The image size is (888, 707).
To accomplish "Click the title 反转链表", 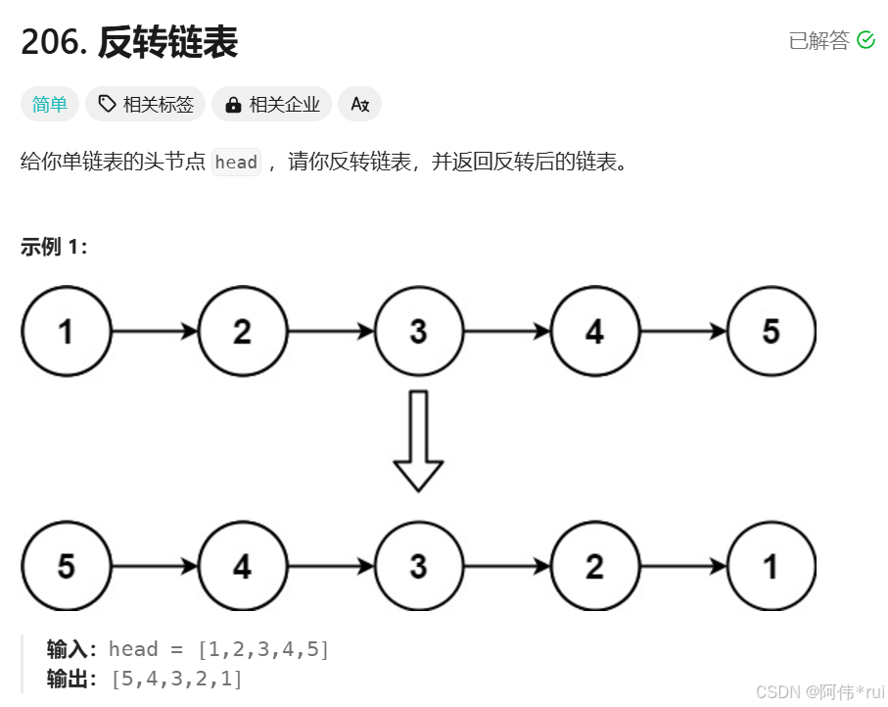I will (x=167, y=42).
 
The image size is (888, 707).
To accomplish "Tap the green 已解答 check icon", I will (x=865, y=40).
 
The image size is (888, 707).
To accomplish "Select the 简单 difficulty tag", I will (x=50, y=104).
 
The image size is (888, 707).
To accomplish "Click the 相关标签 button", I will (x=146, y=104).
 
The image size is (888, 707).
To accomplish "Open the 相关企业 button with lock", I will (x=272, y=104).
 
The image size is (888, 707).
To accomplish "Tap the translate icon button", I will (x=359, y=104).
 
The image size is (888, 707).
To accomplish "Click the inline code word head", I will (x=236, y=163).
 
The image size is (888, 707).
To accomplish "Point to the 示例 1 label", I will (x=54, y=247).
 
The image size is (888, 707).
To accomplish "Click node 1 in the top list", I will (x=66, y=332).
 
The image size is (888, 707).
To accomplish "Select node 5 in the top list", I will (x=771, y=332).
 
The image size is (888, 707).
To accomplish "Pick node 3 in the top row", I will (x=418, y=332).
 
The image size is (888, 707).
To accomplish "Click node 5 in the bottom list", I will (x=66, y=566).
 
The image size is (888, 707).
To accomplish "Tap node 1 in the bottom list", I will (x=771, y=566).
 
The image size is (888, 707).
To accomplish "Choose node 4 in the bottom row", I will (x=242, y=566).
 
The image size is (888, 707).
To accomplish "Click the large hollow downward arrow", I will (x=418, y=440).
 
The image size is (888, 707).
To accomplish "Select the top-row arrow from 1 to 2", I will (x=155, y=332).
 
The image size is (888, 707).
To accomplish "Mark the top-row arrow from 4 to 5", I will (x=683, y=332).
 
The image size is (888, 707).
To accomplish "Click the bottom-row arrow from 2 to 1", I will (x=683, y=566).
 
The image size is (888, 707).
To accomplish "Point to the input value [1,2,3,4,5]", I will (x=263, y=648).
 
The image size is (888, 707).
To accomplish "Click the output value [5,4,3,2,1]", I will (x=177, y=678).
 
